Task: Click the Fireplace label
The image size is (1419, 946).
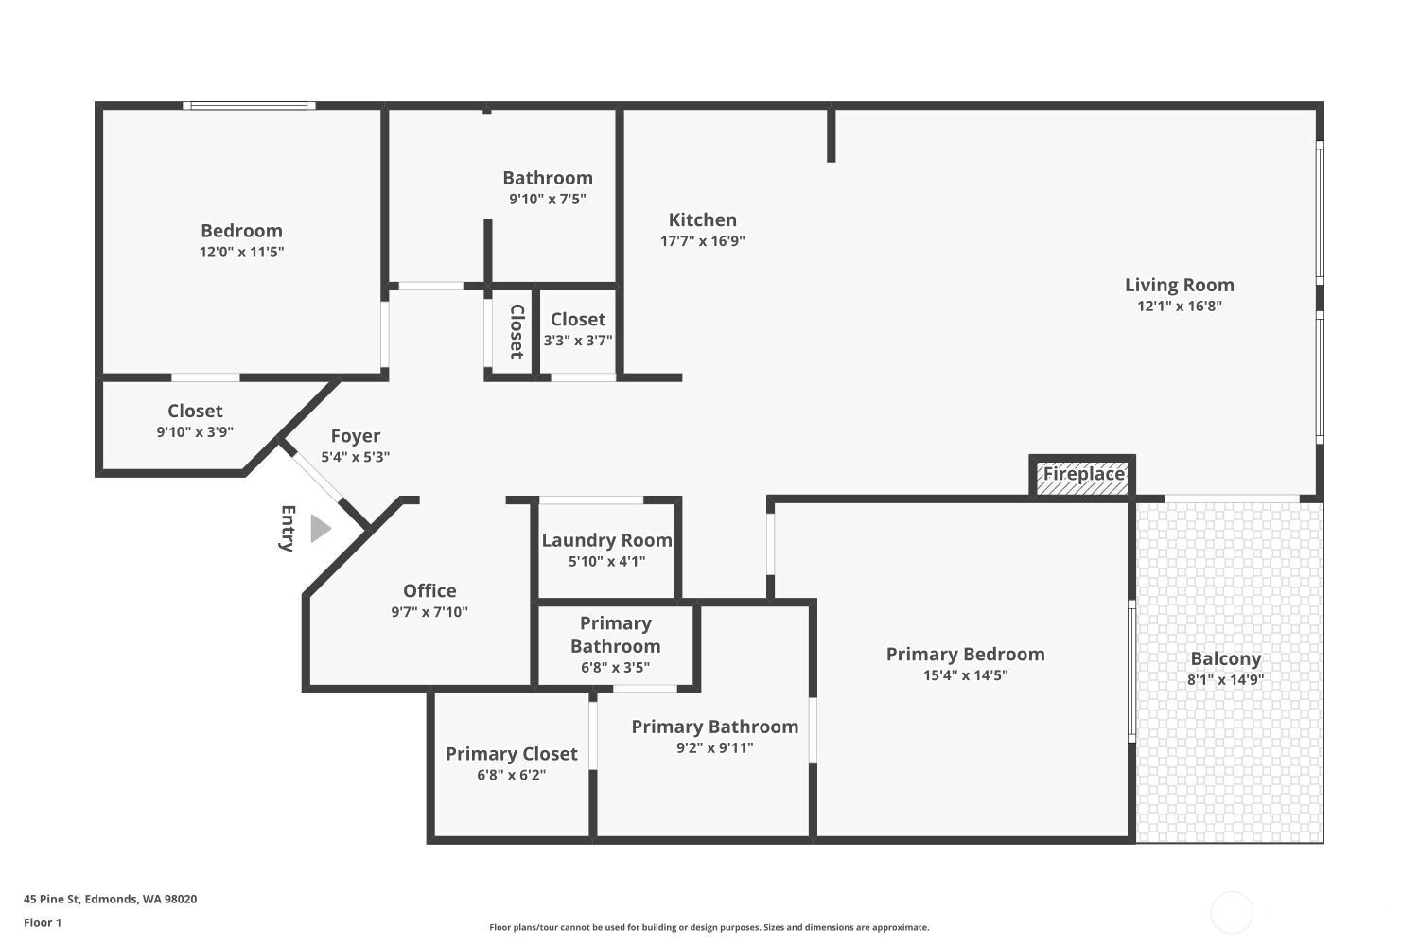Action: pyautogui.click(x=1083, y=474)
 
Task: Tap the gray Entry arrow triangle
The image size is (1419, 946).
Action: pyautogui.click(x=320, y=529)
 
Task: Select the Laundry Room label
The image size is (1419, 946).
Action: pyautogui.click(x=606, y=540)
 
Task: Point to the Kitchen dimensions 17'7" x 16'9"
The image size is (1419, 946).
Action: pyautogui.click(x=702, y=241)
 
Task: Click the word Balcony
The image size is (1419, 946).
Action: pyautogui.click(x=1225, y=658)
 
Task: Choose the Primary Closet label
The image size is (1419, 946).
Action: pyautogui.click(x=511, y=754)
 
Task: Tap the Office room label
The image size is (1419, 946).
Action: pyautogui.click(x=429, y=590)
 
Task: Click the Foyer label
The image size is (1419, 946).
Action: pyautogui.click(x=356, y=436)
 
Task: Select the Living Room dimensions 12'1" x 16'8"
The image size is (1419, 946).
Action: pyautogui.click(x=1179, y=307)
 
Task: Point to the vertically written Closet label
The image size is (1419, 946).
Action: pyautogui.click(x=517, y=331)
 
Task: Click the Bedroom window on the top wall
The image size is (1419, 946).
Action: pyautogui.click(x=249, y=106)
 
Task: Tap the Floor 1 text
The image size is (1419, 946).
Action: pyautogui.click(x=43, y=922)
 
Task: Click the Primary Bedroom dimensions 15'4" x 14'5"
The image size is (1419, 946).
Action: pyautogui.click(x=965, y=675)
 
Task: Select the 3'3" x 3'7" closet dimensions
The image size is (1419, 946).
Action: pyautogui.click(x=577, y=341)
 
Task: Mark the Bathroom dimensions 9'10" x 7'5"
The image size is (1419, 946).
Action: pyautogui.click(x=547, y=200)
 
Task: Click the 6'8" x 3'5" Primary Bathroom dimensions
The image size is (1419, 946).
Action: pyautogui.click(x=615, y=668)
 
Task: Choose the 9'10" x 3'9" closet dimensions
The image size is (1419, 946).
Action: pyautogui.click(x=195, y=432)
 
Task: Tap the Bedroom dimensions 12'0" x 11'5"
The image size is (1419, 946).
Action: pyautogui.click(x=241, y=252)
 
